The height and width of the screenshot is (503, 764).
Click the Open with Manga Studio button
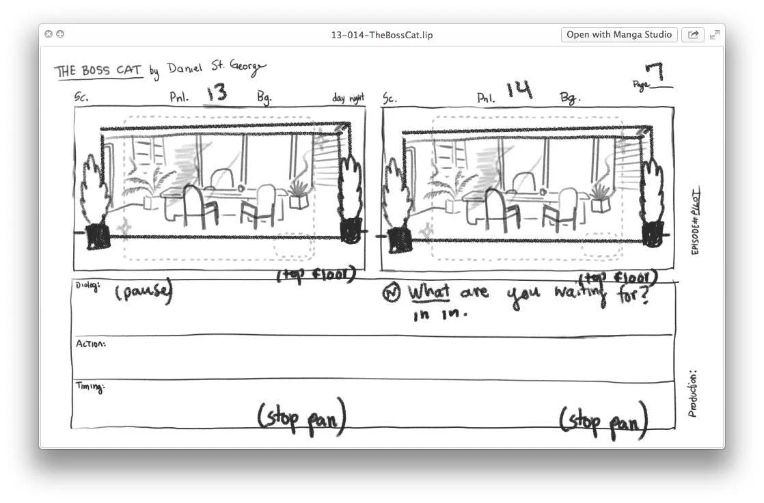click(x=619, y=34)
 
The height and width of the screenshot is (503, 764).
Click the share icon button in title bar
click(x=692, y=34)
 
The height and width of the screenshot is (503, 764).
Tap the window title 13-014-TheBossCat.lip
click(x=382, y=35)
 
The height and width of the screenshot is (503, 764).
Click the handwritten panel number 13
click(x=217, y=93)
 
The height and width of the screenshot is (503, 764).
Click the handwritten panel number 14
click(x=519, y=90)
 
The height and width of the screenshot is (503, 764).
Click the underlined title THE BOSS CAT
click(x=98, y=71)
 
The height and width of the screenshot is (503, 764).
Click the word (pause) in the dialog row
click(x=144, y=293)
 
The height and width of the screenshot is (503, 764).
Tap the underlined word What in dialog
click(x=429, y=293)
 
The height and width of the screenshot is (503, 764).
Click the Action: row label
click(x=90, y=344)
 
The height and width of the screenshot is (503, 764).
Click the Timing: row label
click(x=89, y=388)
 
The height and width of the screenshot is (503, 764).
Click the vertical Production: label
click(x=692, y=394)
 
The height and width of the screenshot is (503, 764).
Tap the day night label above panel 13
click(x=348, y=98)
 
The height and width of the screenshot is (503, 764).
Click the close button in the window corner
click(x=49, y=34)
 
